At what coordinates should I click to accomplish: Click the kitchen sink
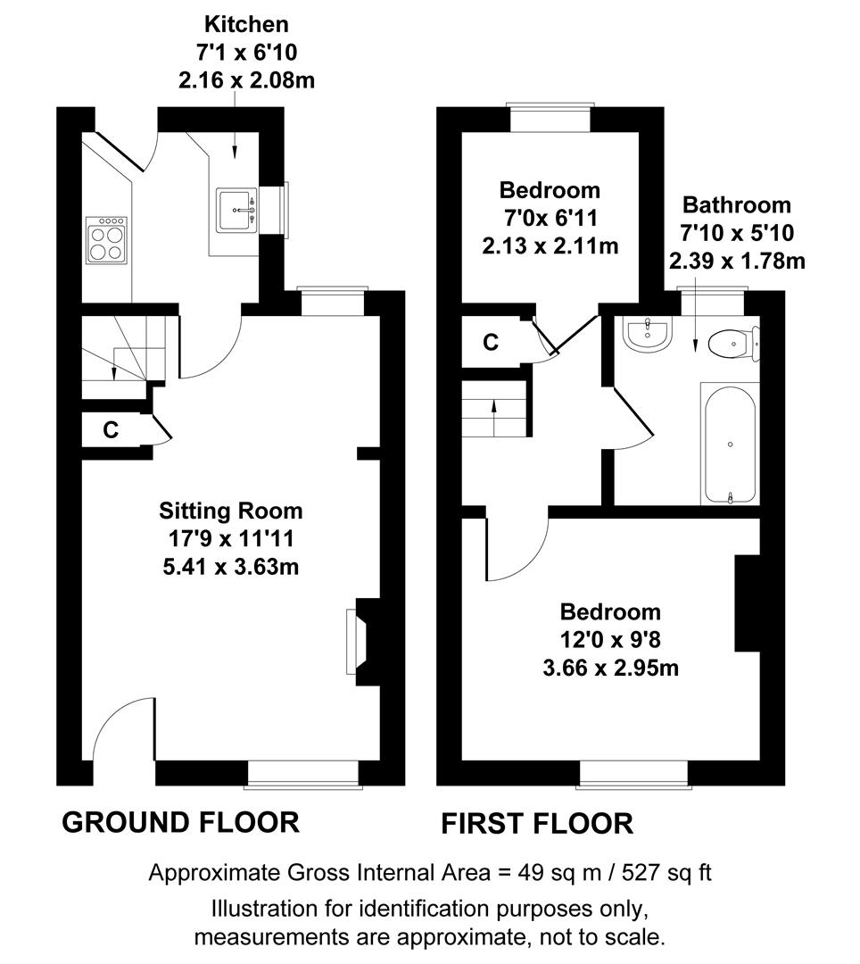pyautogui.click(x=236, y=211)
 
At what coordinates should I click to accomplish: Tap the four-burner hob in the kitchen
pyautogui.click(x=106, y=240)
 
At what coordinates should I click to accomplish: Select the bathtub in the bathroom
pyautogui.click(x=730, y=445)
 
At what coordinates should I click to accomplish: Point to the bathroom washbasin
pyautogui.click(x=648, y=335)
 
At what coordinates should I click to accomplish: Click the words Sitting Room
pyautogui.click(x=230, y=511)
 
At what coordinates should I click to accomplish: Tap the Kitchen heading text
pyautogui.click(x=246, y=24)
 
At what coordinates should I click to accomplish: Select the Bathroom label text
pyautogui.click(x=737, y=204)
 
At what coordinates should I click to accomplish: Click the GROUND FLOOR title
pyautogui.click(x=180, y=823)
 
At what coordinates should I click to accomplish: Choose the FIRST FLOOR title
pyautogui.click(x=537, y=824)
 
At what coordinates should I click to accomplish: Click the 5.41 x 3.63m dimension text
pyautogui.click(x=231, y=566)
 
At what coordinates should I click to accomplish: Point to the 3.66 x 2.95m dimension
pyautogui.click(x=610, y=668)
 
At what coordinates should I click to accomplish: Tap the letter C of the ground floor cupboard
pyautogui.click(x=111, y=429)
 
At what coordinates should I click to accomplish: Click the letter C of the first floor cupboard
pyautogui.click(x=490, y=342)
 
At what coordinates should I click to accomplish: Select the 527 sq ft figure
pyautogui.click(x=666, y=872)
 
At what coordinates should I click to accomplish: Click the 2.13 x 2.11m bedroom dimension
pyautogui.click(x=550, y=246)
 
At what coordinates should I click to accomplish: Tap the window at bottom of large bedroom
pyautogui.click(x=634, y=774)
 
